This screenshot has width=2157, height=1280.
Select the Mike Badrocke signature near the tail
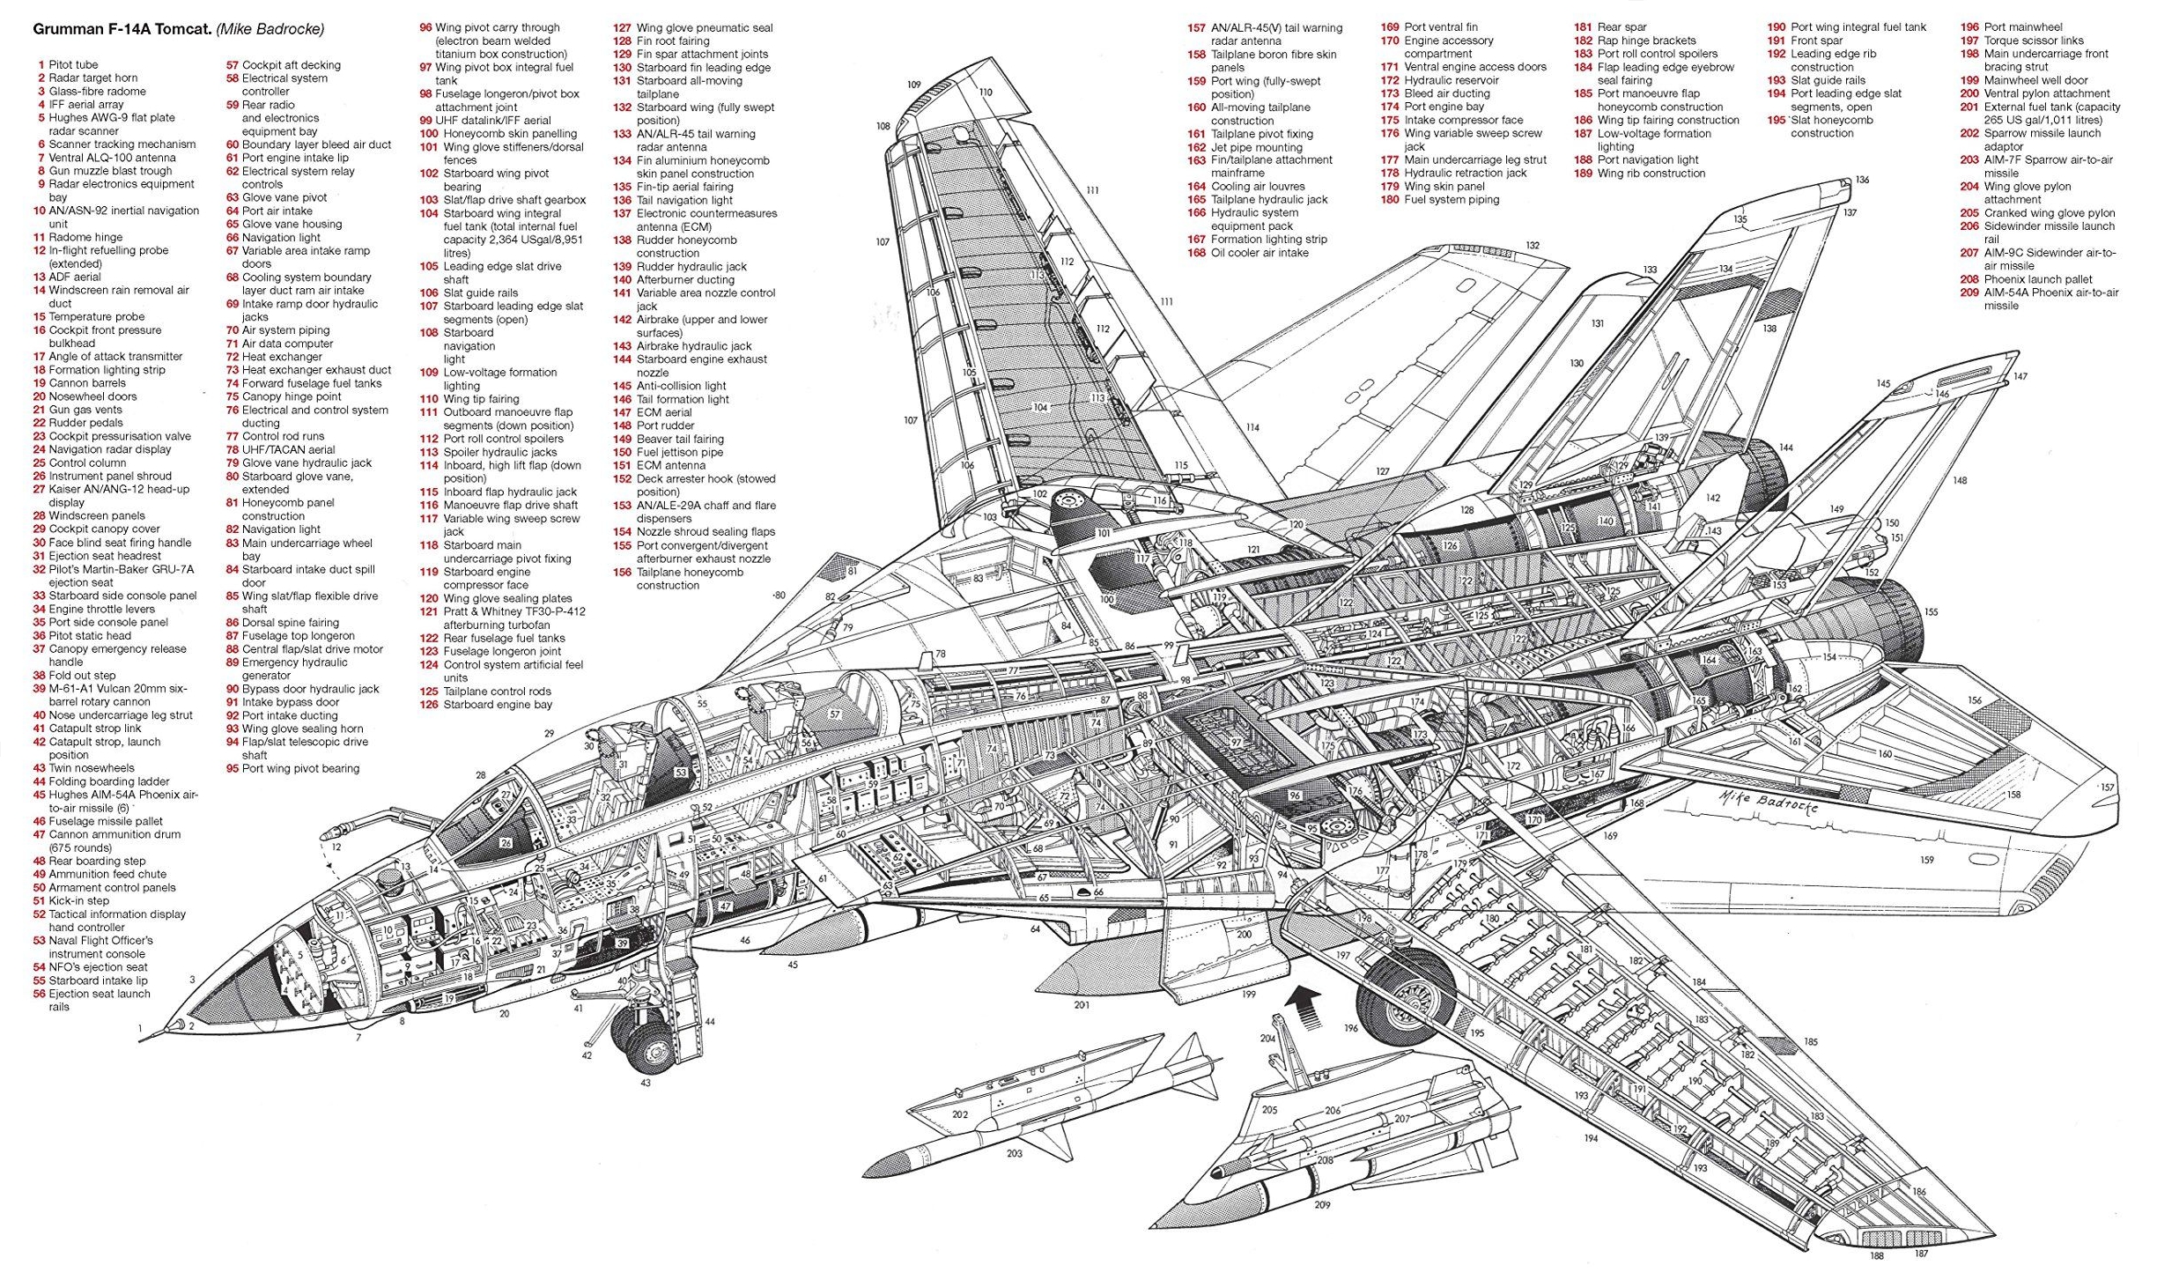[x=1768, y=803]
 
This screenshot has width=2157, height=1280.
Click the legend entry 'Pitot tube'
[x=73, y=65]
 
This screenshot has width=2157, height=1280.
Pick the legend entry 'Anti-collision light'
[x=681, y=386]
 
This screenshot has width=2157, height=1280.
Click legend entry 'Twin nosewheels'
[x=92, y=768]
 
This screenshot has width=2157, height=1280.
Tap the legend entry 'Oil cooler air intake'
[x=1259, y=253]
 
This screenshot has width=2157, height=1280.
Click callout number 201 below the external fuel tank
[x=1082, y=1004]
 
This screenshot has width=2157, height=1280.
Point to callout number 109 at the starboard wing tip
[x=914, y=85]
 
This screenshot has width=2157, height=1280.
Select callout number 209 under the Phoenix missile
[x=1322, y=1205]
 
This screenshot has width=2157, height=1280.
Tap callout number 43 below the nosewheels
[x=646, y=1083]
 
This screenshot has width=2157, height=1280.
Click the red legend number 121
[x=429, y=612]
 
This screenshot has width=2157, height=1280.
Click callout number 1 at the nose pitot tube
[x=140, y=1028]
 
